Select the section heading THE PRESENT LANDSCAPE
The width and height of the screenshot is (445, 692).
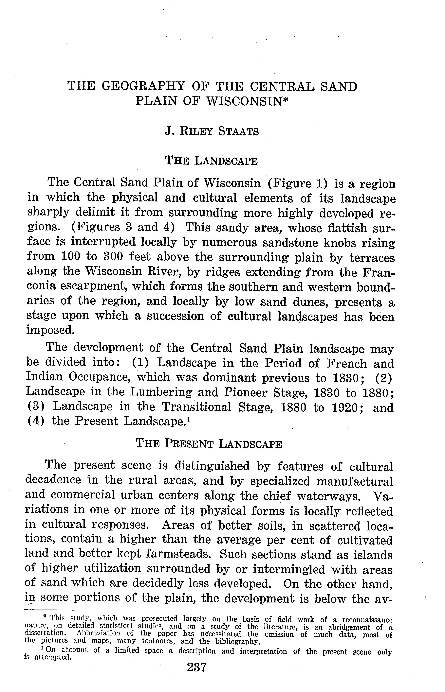coord(209,443)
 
